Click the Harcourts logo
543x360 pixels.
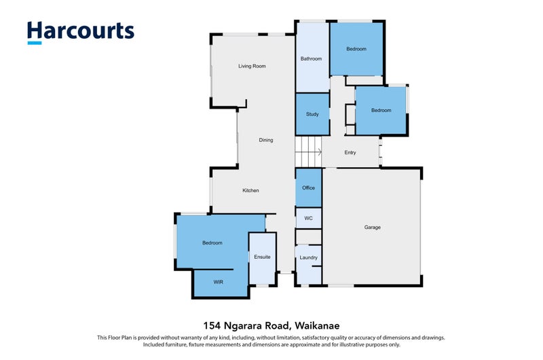(81, 32)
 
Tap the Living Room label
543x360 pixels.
(252, 66)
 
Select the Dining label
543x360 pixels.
(266, 140)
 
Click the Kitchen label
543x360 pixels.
(250, 190)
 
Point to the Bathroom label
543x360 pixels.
(311, 58)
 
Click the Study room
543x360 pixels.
(312, 114)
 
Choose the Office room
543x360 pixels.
(309, 187)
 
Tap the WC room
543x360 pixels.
(309, 218)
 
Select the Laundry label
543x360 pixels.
(308, 257)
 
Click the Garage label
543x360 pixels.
(372, 228)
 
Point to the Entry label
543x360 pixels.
(350, 152)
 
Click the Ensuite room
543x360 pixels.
(262, 258)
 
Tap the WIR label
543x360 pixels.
(218, 282)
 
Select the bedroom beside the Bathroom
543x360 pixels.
(356, 49)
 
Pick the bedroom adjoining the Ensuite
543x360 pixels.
(212, 242)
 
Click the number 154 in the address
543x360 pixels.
(212, 325)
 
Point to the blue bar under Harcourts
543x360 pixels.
(35, 43)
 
